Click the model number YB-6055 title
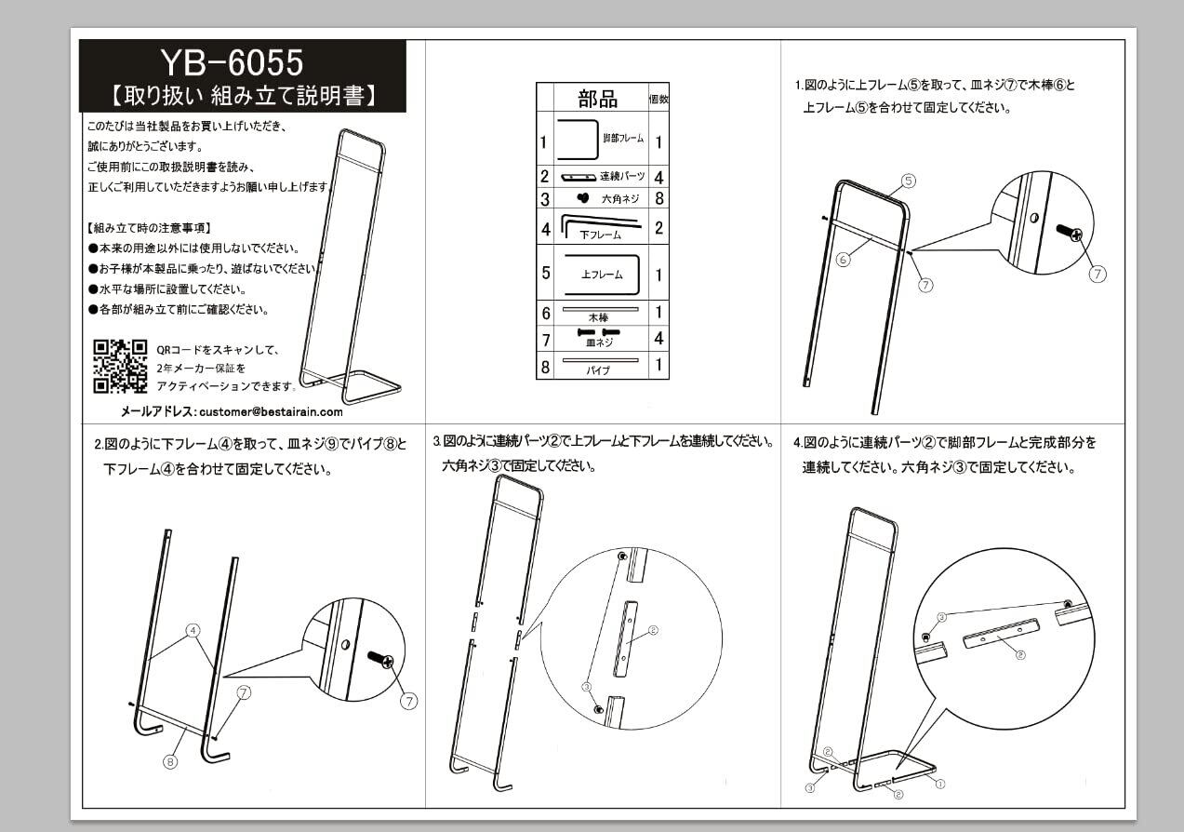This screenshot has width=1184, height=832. coord(232,62)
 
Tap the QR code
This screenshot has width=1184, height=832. coord(120,366)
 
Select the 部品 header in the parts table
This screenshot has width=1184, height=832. coord(597,99)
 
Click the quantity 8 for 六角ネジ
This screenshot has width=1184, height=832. coord(659,198)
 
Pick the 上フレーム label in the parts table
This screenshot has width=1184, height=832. coord(601,275)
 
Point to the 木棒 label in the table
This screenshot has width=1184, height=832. coord(598,318)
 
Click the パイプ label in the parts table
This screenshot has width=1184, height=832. coord(598,370)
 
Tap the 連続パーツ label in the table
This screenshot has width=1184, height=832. coord(620,177)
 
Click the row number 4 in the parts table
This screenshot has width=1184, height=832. coord(545,228)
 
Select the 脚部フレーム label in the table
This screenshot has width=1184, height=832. coord(622,138)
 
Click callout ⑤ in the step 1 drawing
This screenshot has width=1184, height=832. coord(909,181)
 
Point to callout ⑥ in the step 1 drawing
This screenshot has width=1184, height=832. coord(843,261)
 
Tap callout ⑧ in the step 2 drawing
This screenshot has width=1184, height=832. coord(170,762)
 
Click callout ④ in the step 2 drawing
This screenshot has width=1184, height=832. coord(193,630)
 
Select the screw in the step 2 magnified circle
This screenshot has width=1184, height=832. coord(380,660)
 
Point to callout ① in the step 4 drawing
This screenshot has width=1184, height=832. coord(939,784)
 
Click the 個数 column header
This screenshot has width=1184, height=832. coord(659,99)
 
